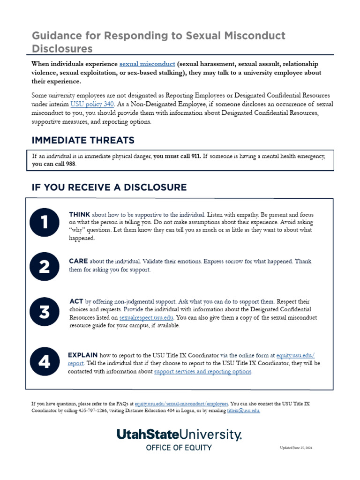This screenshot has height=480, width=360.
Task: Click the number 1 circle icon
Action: [x=44, y=222]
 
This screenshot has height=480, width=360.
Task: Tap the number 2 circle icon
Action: [x=44, y=266]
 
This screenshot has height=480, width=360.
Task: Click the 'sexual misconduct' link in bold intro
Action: [x=147, y=64]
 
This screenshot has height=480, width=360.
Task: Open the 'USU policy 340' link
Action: [x=92, y=104]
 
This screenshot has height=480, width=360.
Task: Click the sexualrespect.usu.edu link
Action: [x=146, y=317]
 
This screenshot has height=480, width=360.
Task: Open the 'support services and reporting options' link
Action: [x=202, y=372]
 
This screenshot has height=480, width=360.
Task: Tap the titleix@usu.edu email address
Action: [x=243, y=411]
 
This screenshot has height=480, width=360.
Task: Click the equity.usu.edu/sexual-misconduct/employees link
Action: [x=181, y=403]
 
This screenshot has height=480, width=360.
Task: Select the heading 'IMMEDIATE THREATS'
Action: [x=83, y=140]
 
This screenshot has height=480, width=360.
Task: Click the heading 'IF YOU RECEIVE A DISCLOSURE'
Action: [x=109, y=187]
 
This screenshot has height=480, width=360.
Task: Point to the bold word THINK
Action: [x=79, y=214]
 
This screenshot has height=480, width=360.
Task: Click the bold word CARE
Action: [x=78, y=261]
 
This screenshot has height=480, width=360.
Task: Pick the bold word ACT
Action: [x=76, y=301]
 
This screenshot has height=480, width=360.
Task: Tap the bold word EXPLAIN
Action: [x=82, y=355]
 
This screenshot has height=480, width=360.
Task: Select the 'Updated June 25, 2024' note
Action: [x=296, y=448]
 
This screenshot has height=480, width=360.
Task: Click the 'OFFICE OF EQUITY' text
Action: [x=179, y=447]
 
